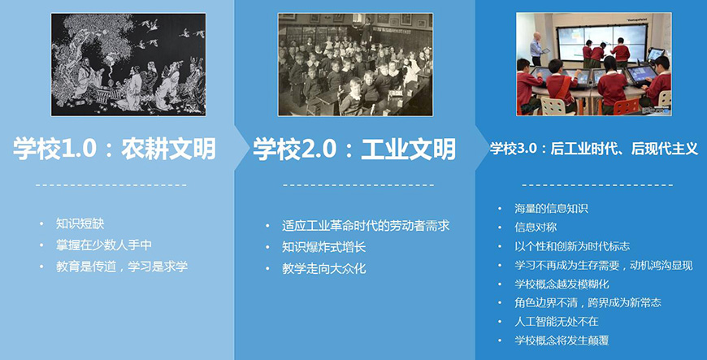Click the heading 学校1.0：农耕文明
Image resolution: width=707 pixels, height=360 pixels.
(115, 149)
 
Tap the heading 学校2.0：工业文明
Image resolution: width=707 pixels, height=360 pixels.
(354, 149)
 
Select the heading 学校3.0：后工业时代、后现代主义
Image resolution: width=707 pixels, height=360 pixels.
(594, 149)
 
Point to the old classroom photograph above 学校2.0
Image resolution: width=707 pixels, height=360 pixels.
(355, 64)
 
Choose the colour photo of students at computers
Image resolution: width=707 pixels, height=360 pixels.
(593, 64)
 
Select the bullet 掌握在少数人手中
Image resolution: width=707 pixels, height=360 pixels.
(104, 245)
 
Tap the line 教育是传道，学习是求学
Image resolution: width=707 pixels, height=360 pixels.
(122, 267)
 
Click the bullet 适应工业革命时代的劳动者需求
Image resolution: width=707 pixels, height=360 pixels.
(366, 225)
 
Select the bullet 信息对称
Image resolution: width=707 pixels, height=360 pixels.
(536, 227)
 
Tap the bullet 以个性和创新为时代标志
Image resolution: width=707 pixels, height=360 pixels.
(572, 245)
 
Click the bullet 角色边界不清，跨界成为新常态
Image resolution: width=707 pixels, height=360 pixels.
(588, 302)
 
